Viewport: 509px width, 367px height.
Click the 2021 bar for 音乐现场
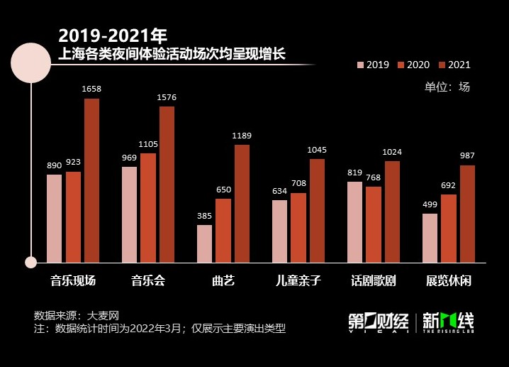pos(91,180)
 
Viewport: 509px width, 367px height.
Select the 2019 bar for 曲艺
pos(204,243)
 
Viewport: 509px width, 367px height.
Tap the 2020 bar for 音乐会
pos(147,207)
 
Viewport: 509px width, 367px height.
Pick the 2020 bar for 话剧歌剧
pos(374,224)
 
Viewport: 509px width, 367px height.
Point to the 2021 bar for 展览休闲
pos(467,214)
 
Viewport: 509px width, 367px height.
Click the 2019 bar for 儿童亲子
pos(279,231)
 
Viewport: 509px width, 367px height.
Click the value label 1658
pos(91,89)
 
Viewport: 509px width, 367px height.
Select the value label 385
pos(204,216)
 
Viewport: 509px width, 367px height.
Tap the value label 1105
pos(147,144)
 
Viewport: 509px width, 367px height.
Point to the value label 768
pos(374,177)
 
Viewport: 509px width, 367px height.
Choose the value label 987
pos(467,156)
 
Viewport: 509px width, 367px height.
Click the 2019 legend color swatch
pos(360,65)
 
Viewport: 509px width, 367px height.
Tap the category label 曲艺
pos(223,280)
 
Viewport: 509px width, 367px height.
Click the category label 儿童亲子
pos(298,280)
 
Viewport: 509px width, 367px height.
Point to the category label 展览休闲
pos(448,280)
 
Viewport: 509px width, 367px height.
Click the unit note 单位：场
pos(447,87)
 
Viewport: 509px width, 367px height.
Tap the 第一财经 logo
pos(378,322)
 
